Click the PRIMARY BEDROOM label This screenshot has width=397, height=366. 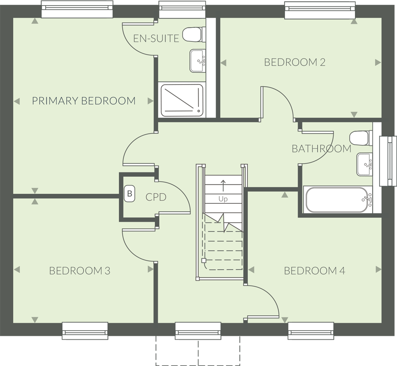pos(83,101)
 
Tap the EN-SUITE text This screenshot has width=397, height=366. pos(156,39)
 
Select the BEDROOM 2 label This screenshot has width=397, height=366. pos(295,62)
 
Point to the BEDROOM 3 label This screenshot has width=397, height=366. pos(80,271)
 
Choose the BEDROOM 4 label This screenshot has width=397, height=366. pos(314,271)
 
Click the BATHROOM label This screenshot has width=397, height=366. pos(322,149)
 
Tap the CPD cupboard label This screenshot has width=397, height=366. pos(156,197)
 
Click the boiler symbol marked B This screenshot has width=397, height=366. pos(129,194)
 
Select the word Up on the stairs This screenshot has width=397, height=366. pos(223,199)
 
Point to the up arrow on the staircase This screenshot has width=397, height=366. pos(223,186)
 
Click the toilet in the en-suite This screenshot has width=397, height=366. pos(194,35)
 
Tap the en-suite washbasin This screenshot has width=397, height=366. pos(198,61)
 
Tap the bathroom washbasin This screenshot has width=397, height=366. pos(364,165)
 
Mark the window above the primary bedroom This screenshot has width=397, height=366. pos(77,10)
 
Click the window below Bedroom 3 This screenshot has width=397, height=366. pos(85,331)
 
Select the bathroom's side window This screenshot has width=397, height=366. pos(388,161)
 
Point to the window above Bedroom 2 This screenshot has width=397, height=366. pos(320,10)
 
